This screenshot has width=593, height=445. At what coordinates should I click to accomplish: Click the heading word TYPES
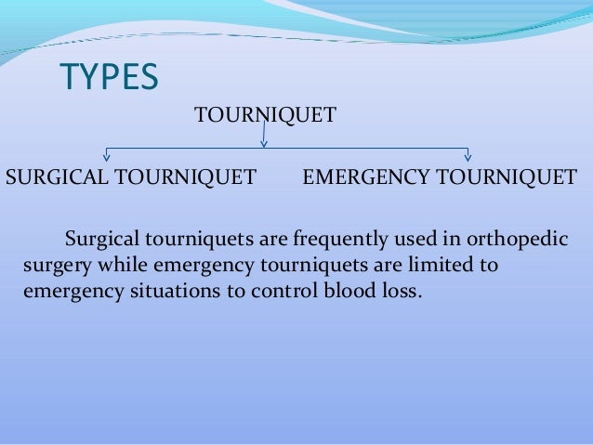point(109,78)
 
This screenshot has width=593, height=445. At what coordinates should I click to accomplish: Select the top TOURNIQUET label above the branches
point(264,116)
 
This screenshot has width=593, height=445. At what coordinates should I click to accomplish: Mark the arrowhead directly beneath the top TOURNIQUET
point(264,143)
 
